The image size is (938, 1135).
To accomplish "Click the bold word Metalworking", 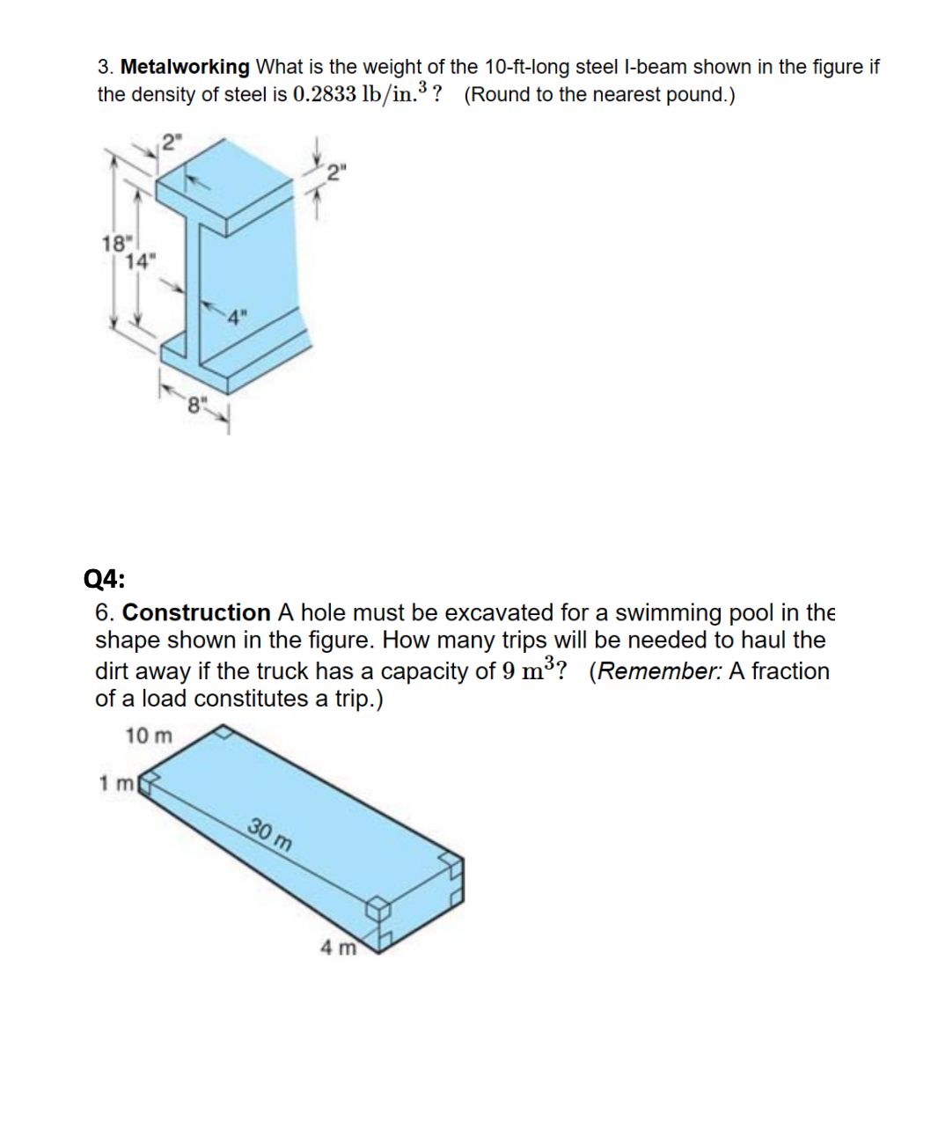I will tap(185, 67).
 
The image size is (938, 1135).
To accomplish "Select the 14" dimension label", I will tap(139, 260).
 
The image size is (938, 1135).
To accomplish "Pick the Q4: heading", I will tap(104, 579).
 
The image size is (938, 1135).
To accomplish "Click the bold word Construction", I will tap(196, 612).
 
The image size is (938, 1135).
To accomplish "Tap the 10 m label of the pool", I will tap(149, 736).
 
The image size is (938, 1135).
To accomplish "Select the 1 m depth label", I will tap(115, 782).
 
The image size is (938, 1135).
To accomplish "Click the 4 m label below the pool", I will tap(338, 948).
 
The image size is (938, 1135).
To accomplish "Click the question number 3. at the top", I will tap(106, 67).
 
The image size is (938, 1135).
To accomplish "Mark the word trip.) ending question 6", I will tap(359, 699).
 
